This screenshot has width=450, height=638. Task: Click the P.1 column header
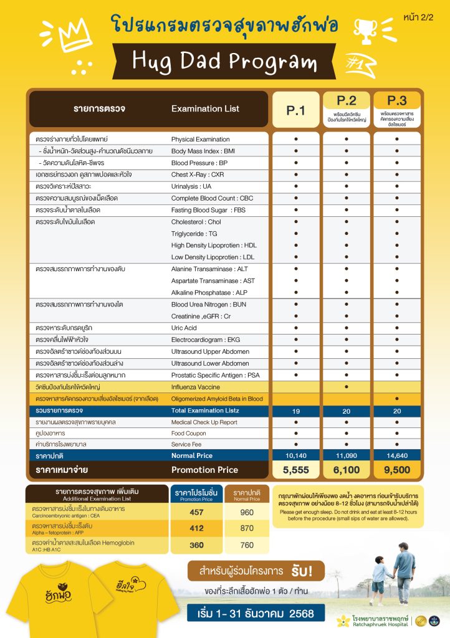(x=295, y=110)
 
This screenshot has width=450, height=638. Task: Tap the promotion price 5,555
(x=295, y=469)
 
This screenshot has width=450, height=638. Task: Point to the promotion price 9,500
(x=396, y=469)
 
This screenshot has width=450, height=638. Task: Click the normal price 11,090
(x=347, y=456)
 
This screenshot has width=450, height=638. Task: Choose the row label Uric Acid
(x=184, y=328)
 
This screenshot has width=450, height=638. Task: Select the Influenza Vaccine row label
(x=194, y=387)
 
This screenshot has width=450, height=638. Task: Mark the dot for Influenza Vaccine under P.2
(x=347, y=387)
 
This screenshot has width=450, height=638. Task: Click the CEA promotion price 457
(x=196, y=513)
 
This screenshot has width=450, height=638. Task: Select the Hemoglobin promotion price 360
(x=196, y=546)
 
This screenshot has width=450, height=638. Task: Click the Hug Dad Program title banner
(x=224, y=61)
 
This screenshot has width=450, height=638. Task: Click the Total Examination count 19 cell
(x=295, y=411)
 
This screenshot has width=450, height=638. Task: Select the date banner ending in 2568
(x=256, y=613)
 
